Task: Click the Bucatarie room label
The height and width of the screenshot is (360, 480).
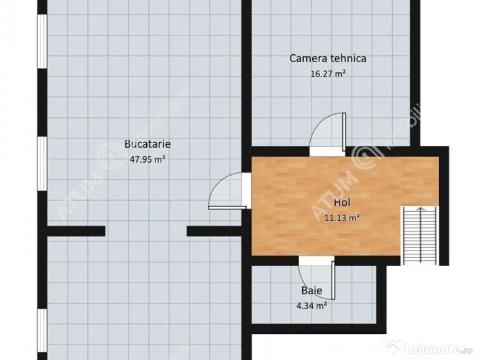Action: [147, 144]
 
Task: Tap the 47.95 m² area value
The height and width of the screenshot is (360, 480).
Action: [147, 159]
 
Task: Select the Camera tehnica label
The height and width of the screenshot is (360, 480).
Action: [328, 59]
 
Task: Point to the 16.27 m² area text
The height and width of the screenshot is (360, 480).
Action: [328, 74]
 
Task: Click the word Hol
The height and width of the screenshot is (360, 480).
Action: [342, 202]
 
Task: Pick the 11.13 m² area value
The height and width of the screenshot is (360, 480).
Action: [342, 217]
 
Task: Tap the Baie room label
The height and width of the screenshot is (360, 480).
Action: [312, 291]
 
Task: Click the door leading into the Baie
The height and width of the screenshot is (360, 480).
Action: [317, 278]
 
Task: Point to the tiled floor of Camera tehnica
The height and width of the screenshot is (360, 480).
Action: [291, 108]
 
